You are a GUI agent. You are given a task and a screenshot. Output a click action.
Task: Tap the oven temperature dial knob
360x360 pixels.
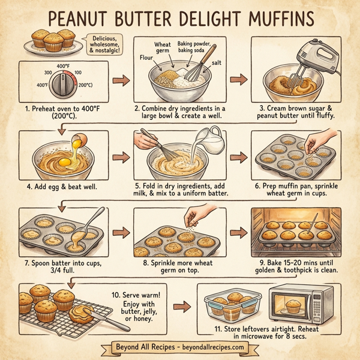tap(61, 85)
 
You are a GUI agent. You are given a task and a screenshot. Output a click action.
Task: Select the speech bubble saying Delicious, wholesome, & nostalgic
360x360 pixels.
tap(103, 45)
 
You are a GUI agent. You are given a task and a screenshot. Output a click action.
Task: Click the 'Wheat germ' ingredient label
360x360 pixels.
tap(163, 49)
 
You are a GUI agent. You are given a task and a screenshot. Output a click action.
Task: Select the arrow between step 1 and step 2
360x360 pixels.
tap(121, 80)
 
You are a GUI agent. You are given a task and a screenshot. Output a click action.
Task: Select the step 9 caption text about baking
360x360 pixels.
tap(298, 266)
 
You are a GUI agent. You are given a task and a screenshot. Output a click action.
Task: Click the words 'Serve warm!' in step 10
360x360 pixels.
tap(146, 296)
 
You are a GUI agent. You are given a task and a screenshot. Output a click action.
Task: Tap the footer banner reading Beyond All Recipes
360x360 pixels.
tap(180, 347)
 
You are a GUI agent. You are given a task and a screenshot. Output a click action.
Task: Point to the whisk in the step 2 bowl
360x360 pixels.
tap(191, 70)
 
